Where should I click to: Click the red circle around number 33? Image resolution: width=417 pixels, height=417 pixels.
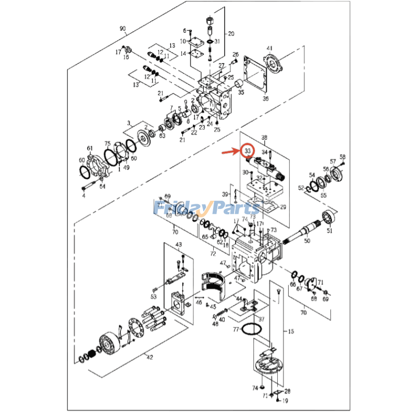click(x=248, y=151)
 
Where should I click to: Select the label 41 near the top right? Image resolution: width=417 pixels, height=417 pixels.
click(x=269, y=48)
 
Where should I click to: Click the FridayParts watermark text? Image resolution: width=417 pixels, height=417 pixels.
click(x=206, y=208)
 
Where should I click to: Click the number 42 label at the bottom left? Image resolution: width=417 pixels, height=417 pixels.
click(x=150, y=357)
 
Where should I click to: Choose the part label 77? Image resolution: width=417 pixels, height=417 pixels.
click(x=236, y=329)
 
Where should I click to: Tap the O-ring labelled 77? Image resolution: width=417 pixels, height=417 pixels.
click(x=252, y=329)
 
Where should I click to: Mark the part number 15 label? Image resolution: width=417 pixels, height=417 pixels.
click(x=290, y=332)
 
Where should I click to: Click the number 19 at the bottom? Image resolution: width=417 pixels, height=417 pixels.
click(x=285, y=401)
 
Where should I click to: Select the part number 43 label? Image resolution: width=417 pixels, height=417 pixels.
click(x=178, y=244)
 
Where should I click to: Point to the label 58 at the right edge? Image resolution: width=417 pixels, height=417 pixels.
click(x=342, y=157)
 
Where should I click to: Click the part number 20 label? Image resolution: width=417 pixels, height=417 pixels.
click(x=231, y=34)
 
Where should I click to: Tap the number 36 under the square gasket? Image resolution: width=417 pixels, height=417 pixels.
click(x=265, y=98)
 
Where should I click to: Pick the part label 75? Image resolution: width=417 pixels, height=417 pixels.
click(x=107, y=143)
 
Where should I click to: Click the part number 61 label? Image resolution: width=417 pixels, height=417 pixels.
click(x=90, y=149)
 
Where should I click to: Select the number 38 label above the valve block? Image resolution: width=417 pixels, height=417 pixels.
click(x=264, y=138)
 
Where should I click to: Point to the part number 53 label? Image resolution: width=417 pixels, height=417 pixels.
click(x=153, y=296)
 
